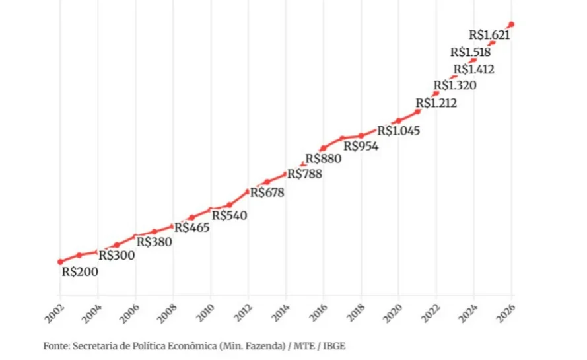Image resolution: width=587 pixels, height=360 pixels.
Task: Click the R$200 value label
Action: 80,271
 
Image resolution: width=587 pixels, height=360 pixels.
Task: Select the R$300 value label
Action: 117,256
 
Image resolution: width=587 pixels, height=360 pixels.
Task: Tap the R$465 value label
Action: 191,228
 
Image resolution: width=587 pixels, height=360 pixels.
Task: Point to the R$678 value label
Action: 266,193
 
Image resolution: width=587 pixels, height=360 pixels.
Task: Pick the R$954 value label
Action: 361,146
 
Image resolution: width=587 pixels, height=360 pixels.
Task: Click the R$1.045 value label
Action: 399,131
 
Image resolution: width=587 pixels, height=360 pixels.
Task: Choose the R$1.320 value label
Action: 455,85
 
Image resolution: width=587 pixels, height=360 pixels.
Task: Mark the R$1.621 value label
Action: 489,36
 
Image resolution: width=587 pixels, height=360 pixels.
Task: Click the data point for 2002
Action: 60,262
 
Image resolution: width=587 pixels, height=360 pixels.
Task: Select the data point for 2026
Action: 512,24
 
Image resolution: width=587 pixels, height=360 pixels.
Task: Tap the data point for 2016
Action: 324,149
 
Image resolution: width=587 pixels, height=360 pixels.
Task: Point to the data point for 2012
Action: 248,192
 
